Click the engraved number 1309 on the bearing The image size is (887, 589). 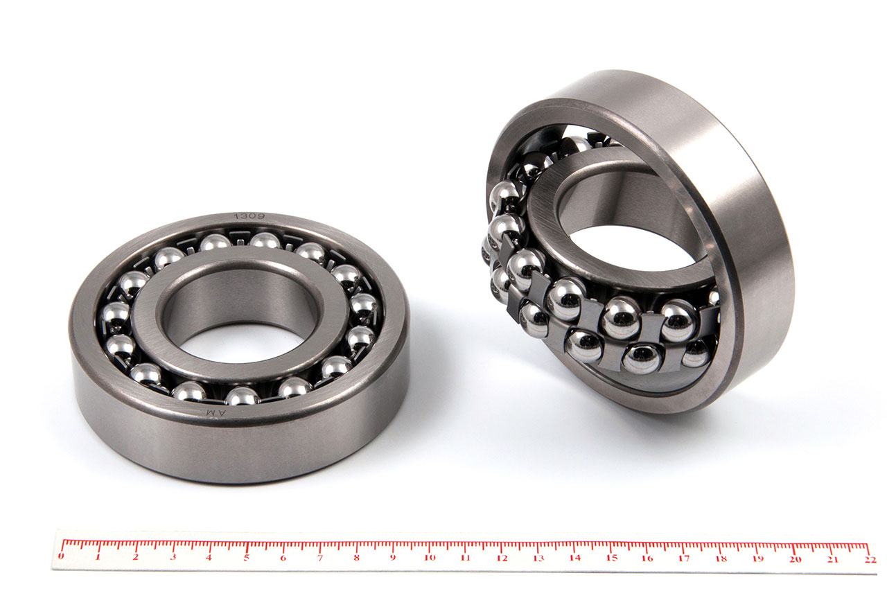point(249,216)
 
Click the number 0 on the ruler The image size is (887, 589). point(60,556)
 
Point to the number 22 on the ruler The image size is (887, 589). point(870,559)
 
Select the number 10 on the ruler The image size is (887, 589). point(430,558)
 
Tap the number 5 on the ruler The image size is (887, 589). point(246,558)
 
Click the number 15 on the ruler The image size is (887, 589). point(612,558)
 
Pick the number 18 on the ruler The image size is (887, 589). point(721,559)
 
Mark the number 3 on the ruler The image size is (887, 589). point(173,557)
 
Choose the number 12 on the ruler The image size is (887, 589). point(502,558)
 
